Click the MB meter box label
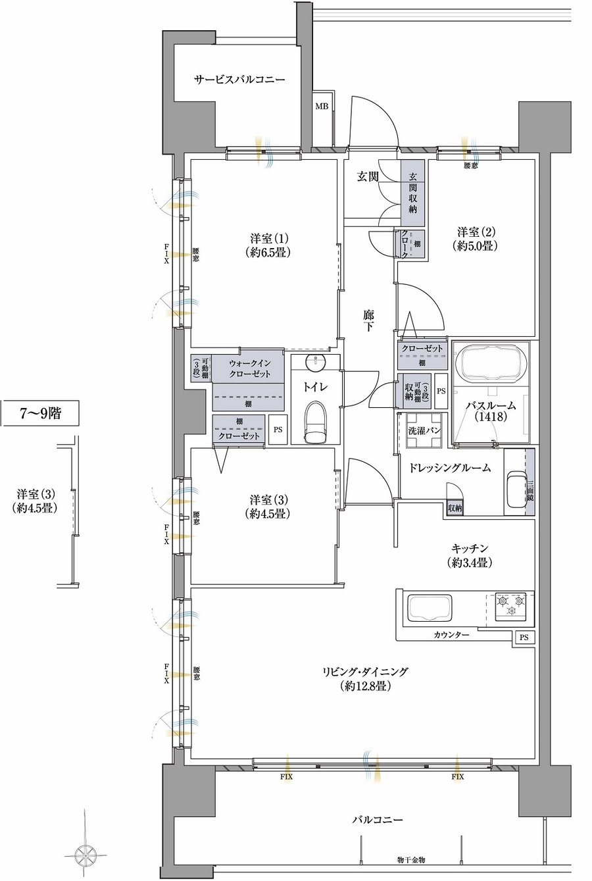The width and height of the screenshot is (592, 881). coord(323,106)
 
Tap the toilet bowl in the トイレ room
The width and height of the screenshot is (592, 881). coord(316,422)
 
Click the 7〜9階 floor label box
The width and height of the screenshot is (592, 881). coord(40,413)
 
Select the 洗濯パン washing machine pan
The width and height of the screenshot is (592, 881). coord(424,431)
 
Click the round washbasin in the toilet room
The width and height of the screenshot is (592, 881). coord(316,363)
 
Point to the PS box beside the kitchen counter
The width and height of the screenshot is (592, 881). coord(524,637)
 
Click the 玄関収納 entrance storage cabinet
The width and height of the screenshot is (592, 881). coord(412,193)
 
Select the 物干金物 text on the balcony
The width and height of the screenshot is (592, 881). coord(411,868)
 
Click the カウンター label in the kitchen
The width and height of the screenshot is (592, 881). coord(451,635)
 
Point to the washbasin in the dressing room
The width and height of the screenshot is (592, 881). coord(516,490)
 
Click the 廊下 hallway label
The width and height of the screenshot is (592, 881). coord(368,320)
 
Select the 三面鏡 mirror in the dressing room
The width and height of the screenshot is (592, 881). coord(530,482)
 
